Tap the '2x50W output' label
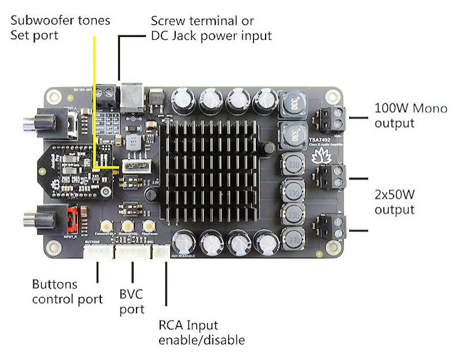(x=403, y=201)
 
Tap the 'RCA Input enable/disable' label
(x=201, y=332)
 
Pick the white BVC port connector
(x=132, y=252)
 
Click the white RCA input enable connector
(x=161, y=252)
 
